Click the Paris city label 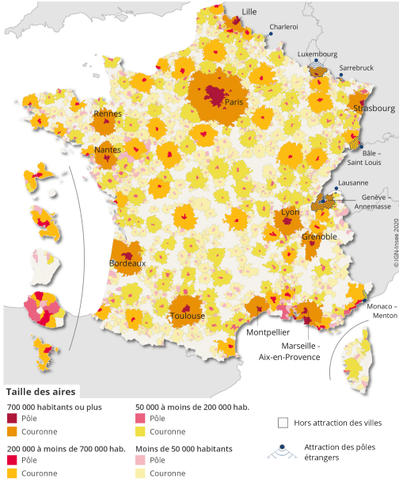234,102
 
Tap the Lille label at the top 249,11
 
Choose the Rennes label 108,114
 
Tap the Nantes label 107,149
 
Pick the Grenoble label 319,236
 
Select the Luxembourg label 317,54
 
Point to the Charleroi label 283,27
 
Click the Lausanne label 352,183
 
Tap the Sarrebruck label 355,68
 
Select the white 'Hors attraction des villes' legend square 283,423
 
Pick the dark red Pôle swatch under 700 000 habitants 12,419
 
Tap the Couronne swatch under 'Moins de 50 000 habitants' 141,473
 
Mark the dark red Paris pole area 215,96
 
